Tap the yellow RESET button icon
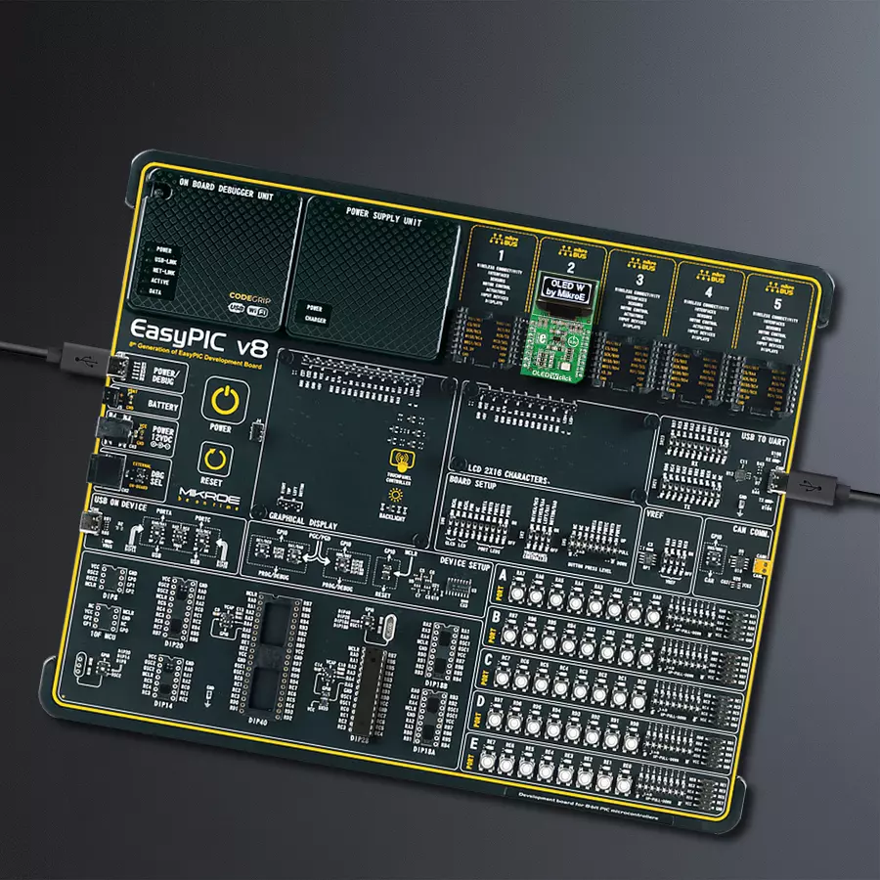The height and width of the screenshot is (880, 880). coord(215,456)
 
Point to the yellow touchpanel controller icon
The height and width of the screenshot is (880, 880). coord(399,462)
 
